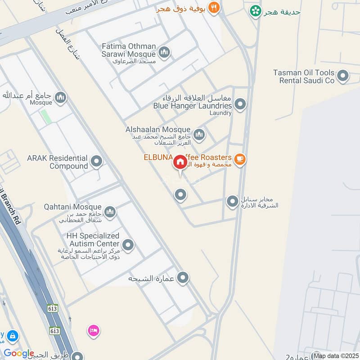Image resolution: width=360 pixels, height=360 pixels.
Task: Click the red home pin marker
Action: (x=180, y=162)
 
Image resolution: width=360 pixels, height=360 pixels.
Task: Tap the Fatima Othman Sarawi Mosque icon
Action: (x=164, y=53)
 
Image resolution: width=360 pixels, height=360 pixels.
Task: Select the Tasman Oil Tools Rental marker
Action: (x=343, y=76)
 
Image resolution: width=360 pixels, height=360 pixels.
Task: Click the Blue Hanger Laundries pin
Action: (x=240, y=104)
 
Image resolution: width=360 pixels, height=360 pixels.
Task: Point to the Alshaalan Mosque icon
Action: (x=199, y=134)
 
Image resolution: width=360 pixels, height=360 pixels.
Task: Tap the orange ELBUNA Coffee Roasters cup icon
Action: (x=240, y=159)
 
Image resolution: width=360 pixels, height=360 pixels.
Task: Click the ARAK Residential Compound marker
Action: (x=96, y=162)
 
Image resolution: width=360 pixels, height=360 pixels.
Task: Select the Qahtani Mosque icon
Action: (x=110, y=211)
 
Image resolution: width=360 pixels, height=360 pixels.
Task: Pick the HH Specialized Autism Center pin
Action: (x=128, y=245)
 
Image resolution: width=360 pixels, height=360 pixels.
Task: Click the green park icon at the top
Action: (x=256, y=11)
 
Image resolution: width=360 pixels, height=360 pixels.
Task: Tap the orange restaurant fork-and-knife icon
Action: (x=214, y=8)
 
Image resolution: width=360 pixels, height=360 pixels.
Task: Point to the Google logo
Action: (x=19, y=354)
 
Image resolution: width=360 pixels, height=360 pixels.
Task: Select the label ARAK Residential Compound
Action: (x=57, y=162)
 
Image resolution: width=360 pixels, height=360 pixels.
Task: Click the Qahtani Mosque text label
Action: (x=72, y=207)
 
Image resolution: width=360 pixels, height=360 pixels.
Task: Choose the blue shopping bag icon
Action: (x=12, y=336)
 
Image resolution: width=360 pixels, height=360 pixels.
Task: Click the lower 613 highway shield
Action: (x=55, y=331)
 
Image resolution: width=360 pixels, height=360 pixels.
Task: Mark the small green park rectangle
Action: (x=45, y=117)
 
